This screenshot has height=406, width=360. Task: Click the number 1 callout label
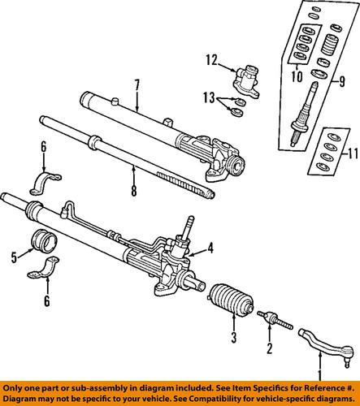click(x=319, y=374)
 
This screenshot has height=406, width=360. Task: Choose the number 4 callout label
click(x=210, y=248)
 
